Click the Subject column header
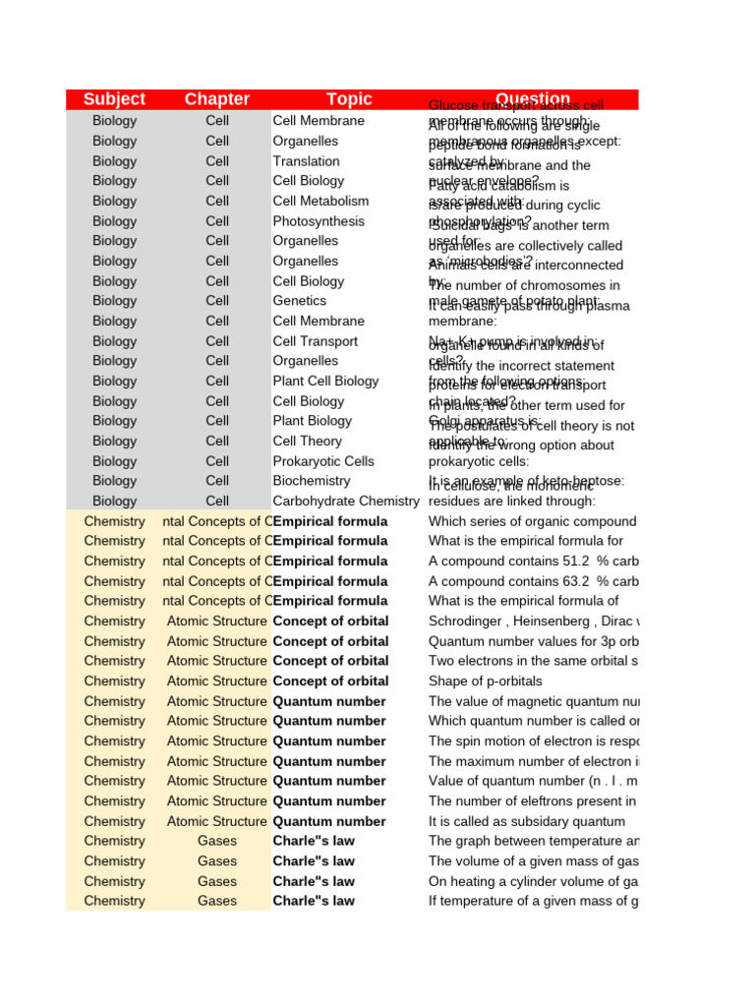pyautogui.click(x=114, y=99)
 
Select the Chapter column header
pyautogui.click(x=216, y=99)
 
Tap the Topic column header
pyautogui.click(x=349, y=99)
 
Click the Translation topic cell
pyautogui.click(x=306, y=161)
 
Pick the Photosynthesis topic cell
pyautogui.click(x=319, y=221)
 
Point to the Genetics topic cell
pyautogui.click(x=300, y=301)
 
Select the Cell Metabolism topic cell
pyautogui.click(x=320, y=201)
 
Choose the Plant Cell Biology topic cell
pyautogui.click(x=325, y=381)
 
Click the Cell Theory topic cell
pyautogui.click(x=307, y=442)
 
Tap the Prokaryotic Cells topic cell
pyautogui.click(x=323, y=461)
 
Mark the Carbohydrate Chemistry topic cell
pyautogui.click(x=346, y=502)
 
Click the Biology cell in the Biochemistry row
pyautogui.click(x=114, y=481)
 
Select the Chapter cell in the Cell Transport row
pyautogui.click(x=216, y=341)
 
